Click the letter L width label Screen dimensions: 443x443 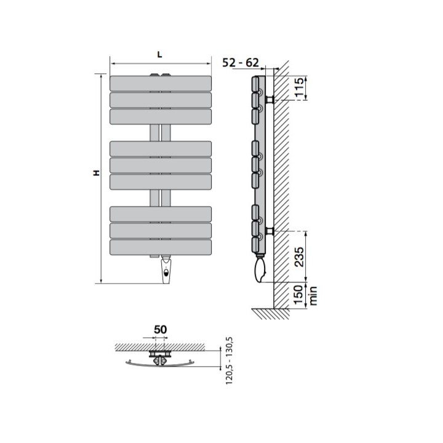pyautogui.click(x=160, y=55)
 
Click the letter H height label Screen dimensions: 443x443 pyautogui.click(x=97, y=173)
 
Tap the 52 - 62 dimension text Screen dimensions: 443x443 pyautogui.click(x=241, y=63)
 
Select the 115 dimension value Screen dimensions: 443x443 pyautogui.click(x=299, y=87)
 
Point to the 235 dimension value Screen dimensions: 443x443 pyautogui.click(x=299, y=257)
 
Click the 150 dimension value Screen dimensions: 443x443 pyautogui.click(x=299, y=295)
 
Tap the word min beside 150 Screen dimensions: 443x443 pyautogui.click(x=313, y=296)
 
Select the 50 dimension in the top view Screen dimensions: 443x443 pyautogui.click(x=160, y=329)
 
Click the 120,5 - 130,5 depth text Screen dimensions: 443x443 pyautogui.click(x=229, y=361)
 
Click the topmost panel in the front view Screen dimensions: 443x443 pyautogui.click(x=161, y=83)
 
